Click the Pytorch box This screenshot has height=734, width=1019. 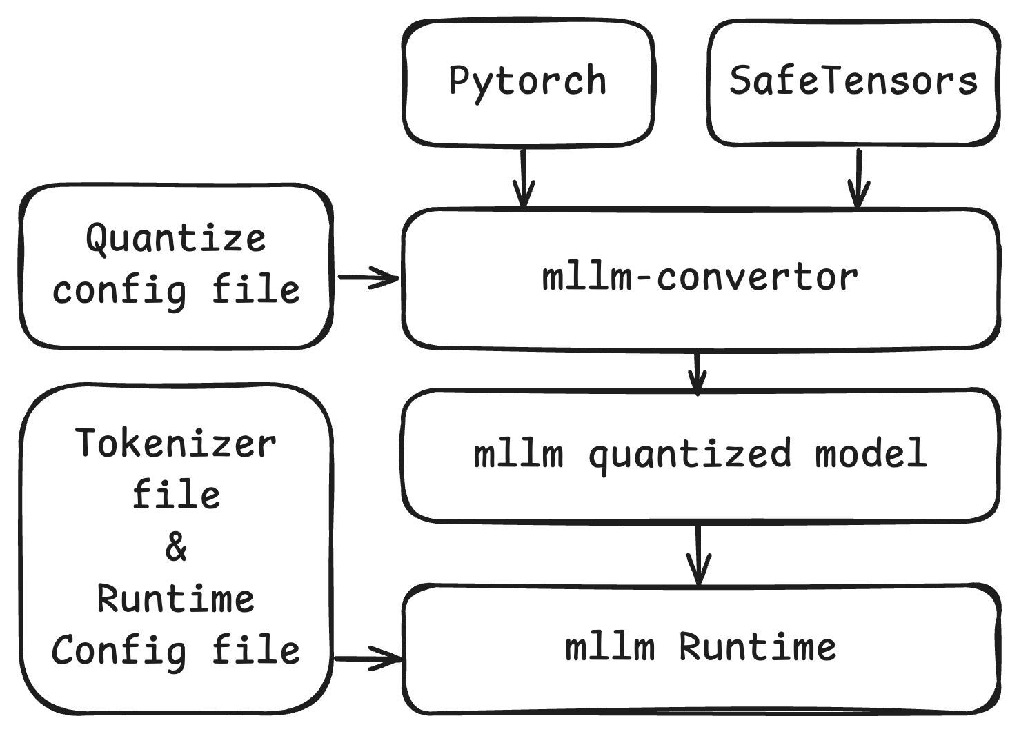tap(528, 82)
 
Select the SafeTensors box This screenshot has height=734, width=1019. tap(853, 82)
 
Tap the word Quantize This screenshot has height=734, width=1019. tap(176, 239)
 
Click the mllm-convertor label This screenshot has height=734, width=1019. tap(700, 277)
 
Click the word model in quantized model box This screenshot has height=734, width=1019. tap(871, 453)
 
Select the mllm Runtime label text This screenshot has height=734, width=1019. tap(700, 648)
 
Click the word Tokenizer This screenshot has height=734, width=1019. tap(176, 443)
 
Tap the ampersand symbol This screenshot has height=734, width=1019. tap(176, 548)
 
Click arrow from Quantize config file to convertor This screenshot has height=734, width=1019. tap(368, 278)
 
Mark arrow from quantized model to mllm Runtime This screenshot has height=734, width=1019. tap(699, 555)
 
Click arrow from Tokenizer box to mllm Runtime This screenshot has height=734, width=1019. tap(368, 659)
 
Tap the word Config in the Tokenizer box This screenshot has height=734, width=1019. tap(119, 651)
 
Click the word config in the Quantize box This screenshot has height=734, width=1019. tap(119, 290)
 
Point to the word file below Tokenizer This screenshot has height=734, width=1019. tap(176, 495)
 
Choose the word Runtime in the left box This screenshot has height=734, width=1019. tap(176, 599)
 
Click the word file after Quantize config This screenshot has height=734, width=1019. tap(255, 289)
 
